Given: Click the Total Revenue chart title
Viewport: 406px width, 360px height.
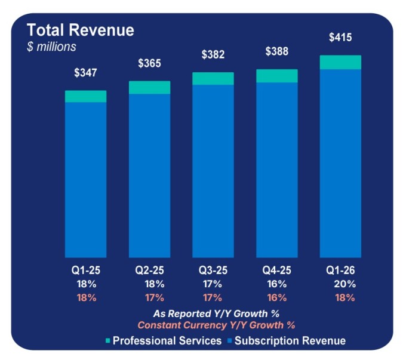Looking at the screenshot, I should click(80, 30).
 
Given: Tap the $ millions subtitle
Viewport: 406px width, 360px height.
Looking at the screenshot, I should click(51, 46).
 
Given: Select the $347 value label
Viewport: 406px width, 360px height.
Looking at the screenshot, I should click(85, 73).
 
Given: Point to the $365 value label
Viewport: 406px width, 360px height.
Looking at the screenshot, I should click(149, 63).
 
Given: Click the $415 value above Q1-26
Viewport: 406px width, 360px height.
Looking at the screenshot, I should click(340, 38).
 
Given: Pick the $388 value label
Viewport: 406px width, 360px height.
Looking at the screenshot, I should click(276, 52).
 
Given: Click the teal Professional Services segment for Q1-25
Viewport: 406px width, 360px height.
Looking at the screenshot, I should click(85, 97).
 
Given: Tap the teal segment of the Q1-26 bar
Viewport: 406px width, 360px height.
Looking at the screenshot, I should click(340, 62).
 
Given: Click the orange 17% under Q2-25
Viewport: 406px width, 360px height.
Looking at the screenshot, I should click(154, 297).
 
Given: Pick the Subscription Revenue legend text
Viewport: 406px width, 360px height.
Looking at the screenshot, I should click(290, 341).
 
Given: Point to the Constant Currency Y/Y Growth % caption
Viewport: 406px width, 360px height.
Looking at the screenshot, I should click(216, 325).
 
